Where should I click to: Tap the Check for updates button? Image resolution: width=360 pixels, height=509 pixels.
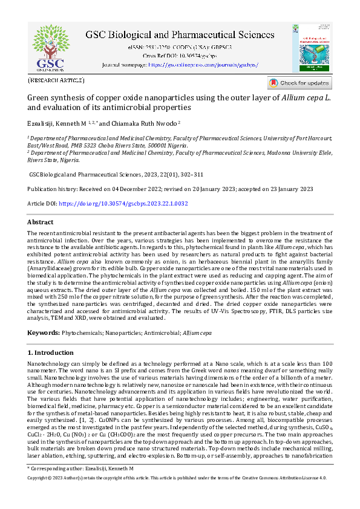click(299, 83)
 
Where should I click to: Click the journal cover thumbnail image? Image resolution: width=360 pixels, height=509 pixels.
click(315, 48)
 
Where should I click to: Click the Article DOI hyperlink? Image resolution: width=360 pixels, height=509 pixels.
click(123, 204)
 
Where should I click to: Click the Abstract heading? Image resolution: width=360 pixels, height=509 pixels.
click(41, 222)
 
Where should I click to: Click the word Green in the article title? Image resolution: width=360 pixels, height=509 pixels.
click(39, 97)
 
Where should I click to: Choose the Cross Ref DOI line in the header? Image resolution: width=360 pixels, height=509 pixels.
click(180, 55)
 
